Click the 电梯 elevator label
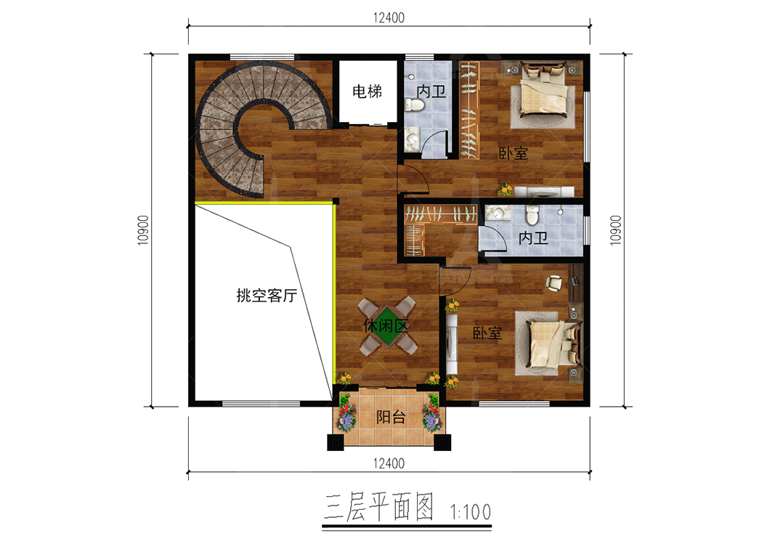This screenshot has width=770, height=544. click(x=367, y=91)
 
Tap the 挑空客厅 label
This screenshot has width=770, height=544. click(x=267, y=296)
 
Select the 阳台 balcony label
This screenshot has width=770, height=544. click(x=391, y=417)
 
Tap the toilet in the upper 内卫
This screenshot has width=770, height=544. click(x=413, y=105)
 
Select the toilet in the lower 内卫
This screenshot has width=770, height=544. click(x=532, y=214)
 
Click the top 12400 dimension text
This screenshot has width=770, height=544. click(x=389, y=17)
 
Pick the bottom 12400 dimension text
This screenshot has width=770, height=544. click(x=389, y=463)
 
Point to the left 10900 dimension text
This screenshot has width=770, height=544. click(x=143, y=230)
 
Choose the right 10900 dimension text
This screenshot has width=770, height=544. click(x=615, y=230)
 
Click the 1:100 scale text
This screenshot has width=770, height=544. click(x=471, y=512)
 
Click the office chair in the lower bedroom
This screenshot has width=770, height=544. click(x=554, y=283)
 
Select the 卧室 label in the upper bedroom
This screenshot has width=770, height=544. click(x=513, y=153)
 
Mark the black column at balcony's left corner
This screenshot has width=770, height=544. click(x=336, y=442)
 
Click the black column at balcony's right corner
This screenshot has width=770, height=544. click(x=442, y=442)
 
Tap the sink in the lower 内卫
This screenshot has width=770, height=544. click(x=498, y=213)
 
